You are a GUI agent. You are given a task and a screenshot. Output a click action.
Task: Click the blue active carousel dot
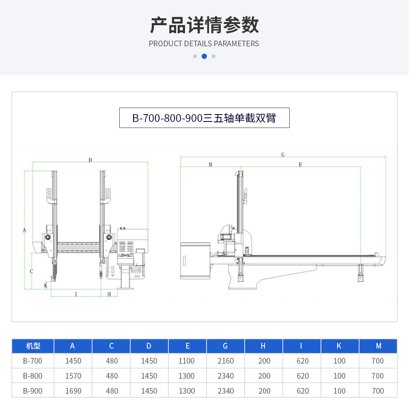pos(204,56)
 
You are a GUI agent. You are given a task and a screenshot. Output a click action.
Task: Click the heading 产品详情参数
pos(204,25)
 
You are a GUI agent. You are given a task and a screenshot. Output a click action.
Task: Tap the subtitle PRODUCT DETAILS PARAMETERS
pos(204,43)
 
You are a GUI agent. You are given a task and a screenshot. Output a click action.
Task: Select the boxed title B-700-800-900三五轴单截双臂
pos(204,118)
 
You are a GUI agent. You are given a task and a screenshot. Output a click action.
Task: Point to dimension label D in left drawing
pos(90,160)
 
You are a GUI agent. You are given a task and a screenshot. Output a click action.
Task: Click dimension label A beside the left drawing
pos(24,230)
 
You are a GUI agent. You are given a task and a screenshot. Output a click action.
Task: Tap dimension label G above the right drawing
pos(283,155)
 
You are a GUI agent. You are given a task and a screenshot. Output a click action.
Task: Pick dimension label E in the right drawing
pos(300,165)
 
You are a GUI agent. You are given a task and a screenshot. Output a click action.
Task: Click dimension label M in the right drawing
pos(211,165)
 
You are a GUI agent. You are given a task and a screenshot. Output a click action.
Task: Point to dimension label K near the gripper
pos(46,286)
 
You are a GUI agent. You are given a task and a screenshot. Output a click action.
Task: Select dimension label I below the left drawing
pos(76,294)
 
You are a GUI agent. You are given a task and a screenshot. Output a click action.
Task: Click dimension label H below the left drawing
pos(109,294)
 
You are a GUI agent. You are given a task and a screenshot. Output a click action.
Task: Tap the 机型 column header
pos(33,346)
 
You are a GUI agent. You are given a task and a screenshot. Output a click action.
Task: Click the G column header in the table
pos(225,346)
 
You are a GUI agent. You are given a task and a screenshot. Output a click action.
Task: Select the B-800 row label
pos(33,376)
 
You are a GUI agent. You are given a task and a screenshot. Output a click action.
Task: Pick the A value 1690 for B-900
pos(73,391)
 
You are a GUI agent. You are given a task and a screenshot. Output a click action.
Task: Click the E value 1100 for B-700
pos(186,361)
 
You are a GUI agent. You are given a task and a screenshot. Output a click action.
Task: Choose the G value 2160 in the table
pos(226,361)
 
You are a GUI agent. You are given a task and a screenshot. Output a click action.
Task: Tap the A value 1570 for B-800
pos(73,376)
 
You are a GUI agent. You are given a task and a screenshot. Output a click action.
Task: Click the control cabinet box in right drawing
pos(195,260)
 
